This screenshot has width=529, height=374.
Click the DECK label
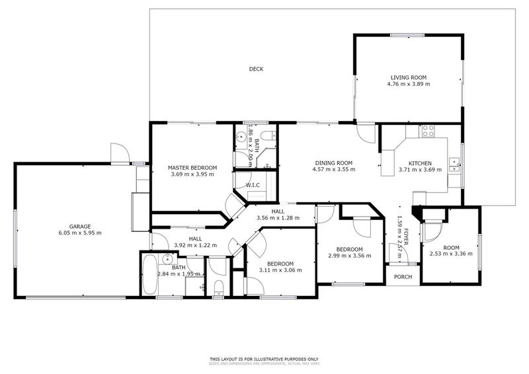click(256, 69)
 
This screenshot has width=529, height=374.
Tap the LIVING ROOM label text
click(408, 77)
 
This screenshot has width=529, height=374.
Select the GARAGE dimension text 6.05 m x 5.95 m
click(79, 233)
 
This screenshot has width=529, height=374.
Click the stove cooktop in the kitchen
click(427, 130)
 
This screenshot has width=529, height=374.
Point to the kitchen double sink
click(455, 165)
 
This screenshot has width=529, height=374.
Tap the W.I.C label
click(252, 185)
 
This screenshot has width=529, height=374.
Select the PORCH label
click(403, 277)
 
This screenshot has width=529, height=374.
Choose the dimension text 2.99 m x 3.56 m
click(349, 256)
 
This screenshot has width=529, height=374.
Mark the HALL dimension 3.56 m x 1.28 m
click(278, 217)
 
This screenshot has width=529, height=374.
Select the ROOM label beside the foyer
click(451, 248)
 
